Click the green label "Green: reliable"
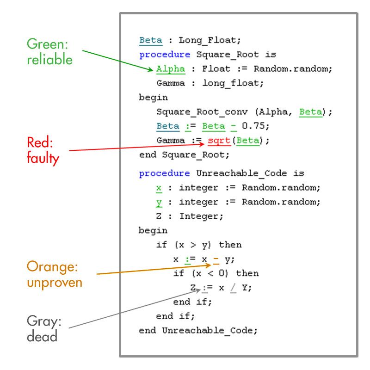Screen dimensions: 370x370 pos(49,51)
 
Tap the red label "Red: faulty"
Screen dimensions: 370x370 pos(43,150)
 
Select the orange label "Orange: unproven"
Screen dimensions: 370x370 pos(55,274)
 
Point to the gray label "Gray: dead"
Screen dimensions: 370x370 pos(44,328)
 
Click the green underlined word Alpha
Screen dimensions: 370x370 pos(171,69)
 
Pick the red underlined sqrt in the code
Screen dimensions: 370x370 pos(219,141)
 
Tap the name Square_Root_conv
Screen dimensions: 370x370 pos(202,112)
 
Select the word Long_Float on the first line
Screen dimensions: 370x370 pos(207,40)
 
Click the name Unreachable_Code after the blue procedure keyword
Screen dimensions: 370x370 pos(241,173)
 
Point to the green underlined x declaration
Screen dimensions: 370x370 pos(159,188)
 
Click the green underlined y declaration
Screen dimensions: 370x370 pos(159,203)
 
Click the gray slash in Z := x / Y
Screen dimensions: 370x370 pos(234,288)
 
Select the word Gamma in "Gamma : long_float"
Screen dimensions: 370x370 pos(171,83)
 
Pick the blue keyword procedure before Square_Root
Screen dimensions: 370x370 pos(165,55)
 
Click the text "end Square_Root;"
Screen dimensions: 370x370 pos(184,155)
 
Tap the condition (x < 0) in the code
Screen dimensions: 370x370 pos(210,273)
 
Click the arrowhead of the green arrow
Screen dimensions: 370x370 pos(151,69)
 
